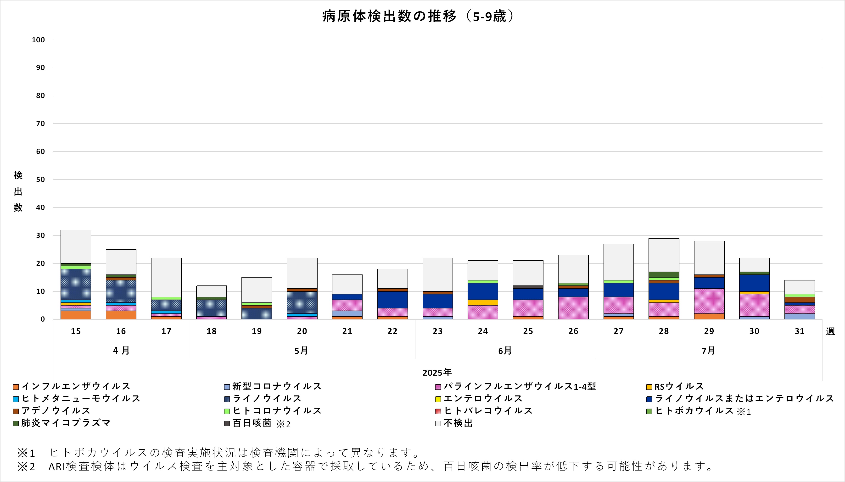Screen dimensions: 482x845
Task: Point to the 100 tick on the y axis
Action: pos(39,40)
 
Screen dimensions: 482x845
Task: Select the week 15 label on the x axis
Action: pos(76,331)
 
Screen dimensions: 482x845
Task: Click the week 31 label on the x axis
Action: pos(799,331)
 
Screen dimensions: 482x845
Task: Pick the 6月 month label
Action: pos(505,351)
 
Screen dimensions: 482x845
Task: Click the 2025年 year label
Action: pos(437,373)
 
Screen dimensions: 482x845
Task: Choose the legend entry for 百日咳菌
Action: pos(252,423)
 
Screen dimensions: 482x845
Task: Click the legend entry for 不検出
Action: pos(458,423)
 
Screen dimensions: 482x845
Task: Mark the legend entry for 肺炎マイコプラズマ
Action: pos(66,423)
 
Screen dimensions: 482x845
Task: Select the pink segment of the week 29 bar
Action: pos(709,301)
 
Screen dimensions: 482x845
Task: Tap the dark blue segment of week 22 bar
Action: pos(392,300)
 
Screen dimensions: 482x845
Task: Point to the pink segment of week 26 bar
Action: pos(573,308)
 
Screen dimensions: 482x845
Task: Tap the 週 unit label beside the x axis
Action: pos(830,331)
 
